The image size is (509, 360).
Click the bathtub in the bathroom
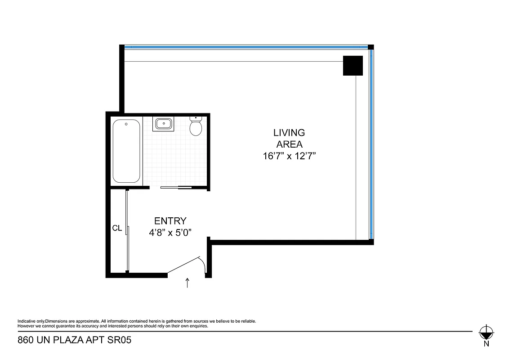coord(126,151)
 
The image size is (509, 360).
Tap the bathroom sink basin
coord(163,123)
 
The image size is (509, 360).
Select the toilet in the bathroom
coord(196,126)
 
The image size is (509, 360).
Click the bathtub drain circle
coord(126,124)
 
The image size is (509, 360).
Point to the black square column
coord(353,66)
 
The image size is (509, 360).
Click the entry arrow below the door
coord(188,283)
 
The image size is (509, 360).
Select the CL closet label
coord(117,229)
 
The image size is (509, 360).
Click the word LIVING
coord(289,133)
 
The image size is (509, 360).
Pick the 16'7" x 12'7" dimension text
coord(289,157)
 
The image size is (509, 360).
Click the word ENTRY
coord(170,221)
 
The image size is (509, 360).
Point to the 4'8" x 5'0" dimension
coord(170,233)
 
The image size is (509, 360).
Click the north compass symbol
coord(486,333)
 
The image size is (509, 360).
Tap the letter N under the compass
coord(486,344)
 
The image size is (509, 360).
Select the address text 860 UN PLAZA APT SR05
coord(74,340)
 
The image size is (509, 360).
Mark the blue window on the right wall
coord(371,144)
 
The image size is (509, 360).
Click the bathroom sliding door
coord(175,187)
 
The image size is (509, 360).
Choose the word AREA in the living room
coord(289,144)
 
